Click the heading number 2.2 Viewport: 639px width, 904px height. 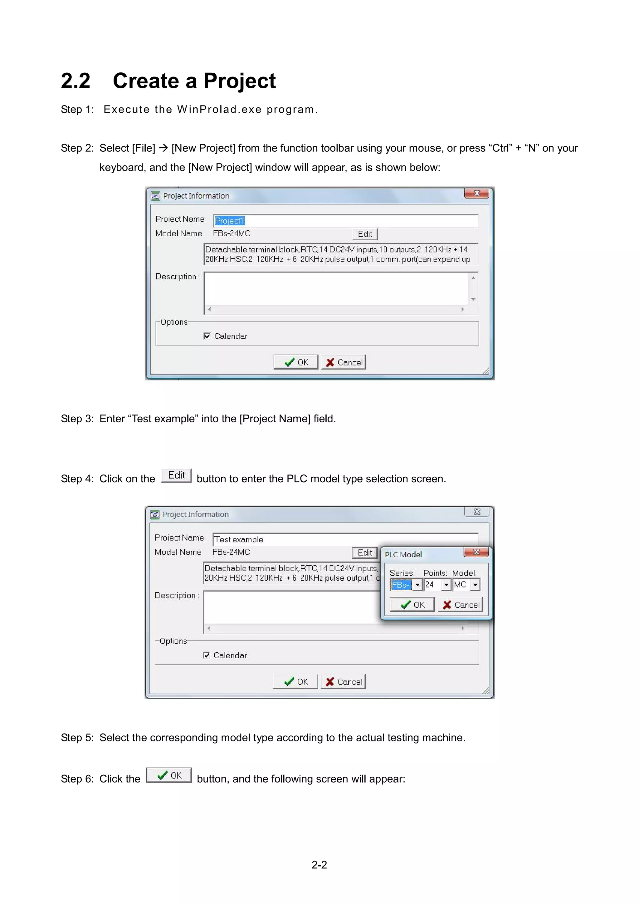click(76, 81)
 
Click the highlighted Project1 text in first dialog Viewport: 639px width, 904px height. click(229, 221)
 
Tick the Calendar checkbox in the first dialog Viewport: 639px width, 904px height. click(207, 336)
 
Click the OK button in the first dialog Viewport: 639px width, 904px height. click(296, 362)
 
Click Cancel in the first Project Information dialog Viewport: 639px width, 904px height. click(344, 362)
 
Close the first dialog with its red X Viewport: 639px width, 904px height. click(476, 193)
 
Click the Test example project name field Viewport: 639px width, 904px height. click(345, 539)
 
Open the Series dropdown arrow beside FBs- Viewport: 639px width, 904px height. click(417, 585)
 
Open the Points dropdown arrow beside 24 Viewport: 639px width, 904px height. click(446, 585)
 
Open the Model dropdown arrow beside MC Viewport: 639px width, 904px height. click(475, 585)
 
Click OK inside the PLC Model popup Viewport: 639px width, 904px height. click(412, 604)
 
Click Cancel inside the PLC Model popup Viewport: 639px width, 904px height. click(460, 604)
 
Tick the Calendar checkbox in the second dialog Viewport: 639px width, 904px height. click(206, 655)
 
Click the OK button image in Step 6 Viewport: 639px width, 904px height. click(169, 775)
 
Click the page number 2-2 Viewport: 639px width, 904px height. click(319, 865)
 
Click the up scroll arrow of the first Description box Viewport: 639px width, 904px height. click(473, 278)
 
